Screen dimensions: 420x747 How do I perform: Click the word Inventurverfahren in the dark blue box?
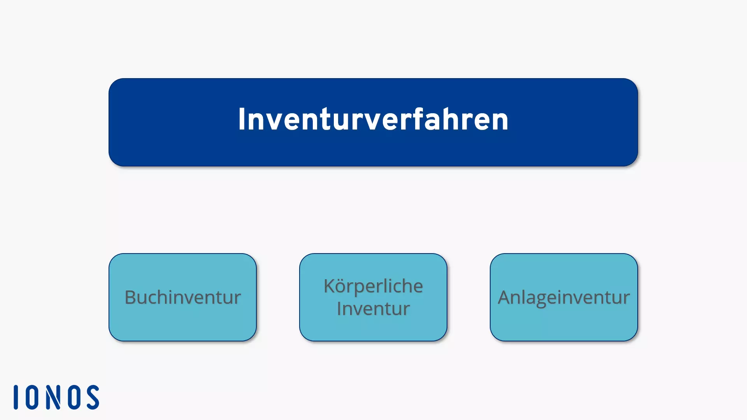pos(373,119)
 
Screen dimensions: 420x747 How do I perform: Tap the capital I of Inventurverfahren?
pos(242,119)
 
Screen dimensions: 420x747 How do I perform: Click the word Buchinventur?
pos(182,297)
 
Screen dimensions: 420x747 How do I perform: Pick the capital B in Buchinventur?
pos(130,297)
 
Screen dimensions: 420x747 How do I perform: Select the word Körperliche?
pos(373,287)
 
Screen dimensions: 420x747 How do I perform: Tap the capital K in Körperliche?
pos(329,286)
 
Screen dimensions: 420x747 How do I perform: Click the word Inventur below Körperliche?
pos(373,309)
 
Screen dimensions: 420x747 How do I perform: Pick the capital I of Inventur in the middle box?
pos(339,309)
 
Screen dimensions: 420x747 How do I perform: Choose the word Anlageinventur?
pos(564,297)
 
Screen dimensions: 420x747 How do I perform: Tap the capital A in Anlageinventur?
pos(504,297)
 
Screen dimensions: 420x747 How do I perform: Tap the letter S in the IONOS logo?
pos(93,397)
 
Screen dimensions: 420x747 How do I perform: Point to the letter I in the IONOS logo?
pos(16,397)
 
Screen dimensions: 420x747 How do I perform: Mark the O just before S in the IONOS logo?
pos(74,397)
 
